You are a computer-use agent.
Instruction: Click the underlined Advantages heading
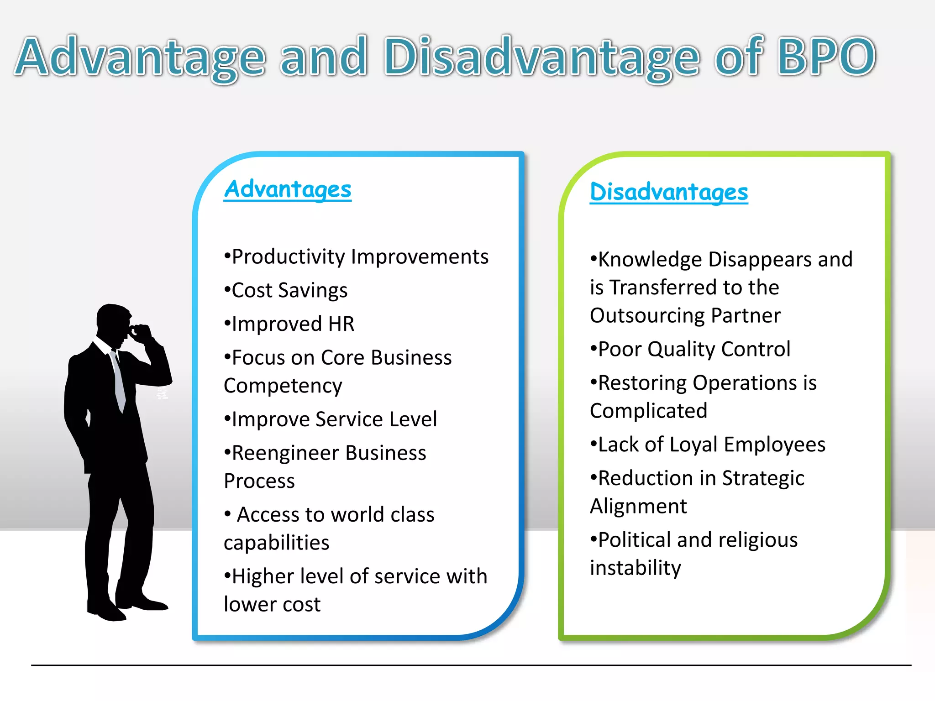point(288,189)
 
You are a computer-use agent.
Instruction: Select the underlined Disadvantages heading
point(669,192)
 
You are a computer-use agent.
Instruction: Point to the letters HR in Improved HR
point(341,324)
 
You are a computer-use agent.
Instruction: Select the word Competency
point(283,386)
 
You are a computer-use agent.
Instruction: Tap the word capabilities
point(277,543)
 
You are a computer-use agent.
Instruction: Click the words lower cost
point(272,604)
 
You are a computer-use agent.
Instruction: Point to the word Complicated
point(648,411)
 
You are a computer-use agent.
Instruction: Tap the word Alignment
point(638,506)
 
